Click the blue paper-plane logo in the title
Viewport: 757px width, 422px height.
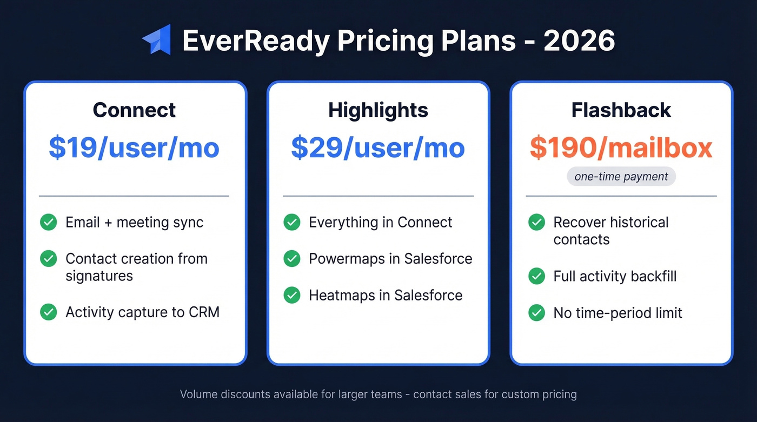[157, 40]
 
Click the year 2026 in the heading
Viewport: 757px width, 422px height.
[579, 41]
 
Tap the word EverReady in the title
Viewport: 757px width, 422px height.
[256, 41]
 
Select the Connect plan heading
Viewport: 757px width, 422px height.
[134, 110]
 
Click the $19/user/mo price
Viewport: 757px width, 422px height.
[134, 148]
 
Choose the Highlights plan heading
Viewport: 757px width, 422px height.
[378, 110]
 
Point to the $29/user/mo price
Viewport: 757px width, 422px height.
[378, 148]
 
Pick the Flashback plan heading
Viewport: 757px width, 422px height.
[621, 110]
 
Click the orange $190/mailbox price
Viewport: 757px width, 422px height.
[621, 148]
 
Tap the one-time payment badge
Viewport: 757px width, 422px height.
[621, 177]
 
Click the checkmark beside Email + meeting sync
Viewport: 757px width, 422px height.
[49, 222]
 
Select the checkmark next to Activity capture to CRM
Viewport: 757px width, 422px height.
[49, 312]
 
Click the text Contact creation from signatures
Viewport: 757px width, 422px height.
[136, 267]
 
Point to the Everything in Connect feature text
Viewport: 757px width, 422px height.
[380, 222]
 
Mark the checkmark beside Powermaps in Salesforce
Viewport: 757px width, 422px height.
[292, 259]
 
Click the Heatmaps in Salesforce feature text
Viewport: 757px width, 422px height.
[386, 296]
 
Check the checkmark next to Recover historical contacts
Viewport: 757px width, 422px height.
[536, 222]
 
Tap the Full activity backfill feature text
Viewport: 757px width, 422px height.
[615, 276]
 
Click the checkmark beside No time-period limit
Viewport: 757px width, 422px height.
[536, 313]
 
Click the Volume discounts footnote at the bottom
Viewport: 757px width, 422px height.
[378, 394]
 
